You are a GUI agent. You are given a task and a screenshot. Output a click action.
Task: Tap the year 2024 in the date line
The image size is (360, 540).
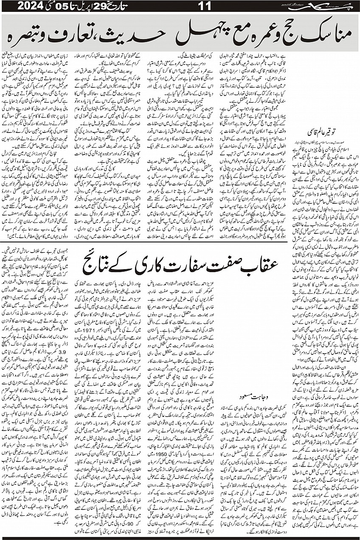(20, 7)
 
